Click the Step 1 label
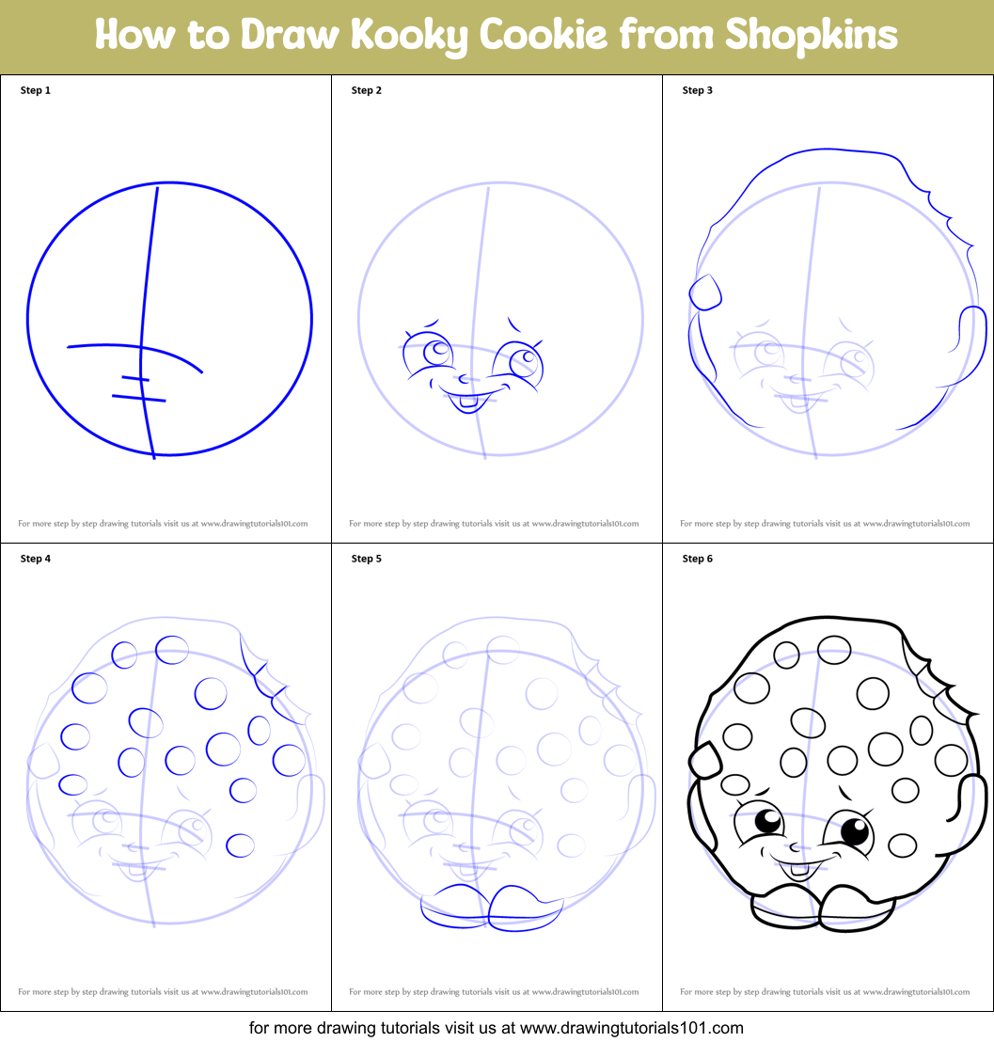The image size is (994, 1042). pyautogui.click(x=36, y=91)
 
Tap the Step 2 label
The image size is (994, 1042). pyautogui.click(x=367, y=91)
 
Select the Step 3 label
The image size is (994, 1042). pyautogui.click(x=698, y=91)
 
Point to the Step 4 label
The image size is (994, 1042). pyautogui.click(x=36, y=560)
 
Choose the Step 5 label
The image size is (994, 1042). pyautogui.click(x=367, y=560)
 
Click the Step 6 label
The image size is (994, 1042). pyautogui.click(x=698, y=560)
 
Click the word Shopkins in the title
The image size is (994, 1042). pyautogui.click(x=811, y=36)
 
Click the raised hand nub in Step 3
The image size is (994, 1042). pyautogui.click(x=705, y=292)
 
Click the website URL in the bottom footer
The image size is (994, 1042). pyautogui.click(x=632, y=1027)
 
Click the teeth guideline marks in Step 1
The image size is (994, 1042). pyautogui.click(x=138, y=388)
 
